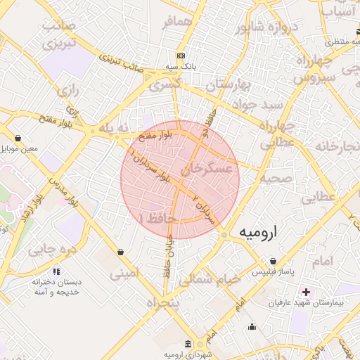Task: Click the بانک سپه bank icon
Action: [181, 56]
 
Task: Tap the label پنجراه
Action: [162, 302]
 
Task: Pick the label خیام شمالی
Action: [210, 279]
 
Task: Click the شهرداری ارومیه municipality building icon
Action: [187, 344]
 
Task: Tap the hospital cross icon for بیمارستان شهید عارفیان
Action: [306, 292]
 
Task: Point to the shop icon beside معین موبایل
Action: [17, 138]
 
